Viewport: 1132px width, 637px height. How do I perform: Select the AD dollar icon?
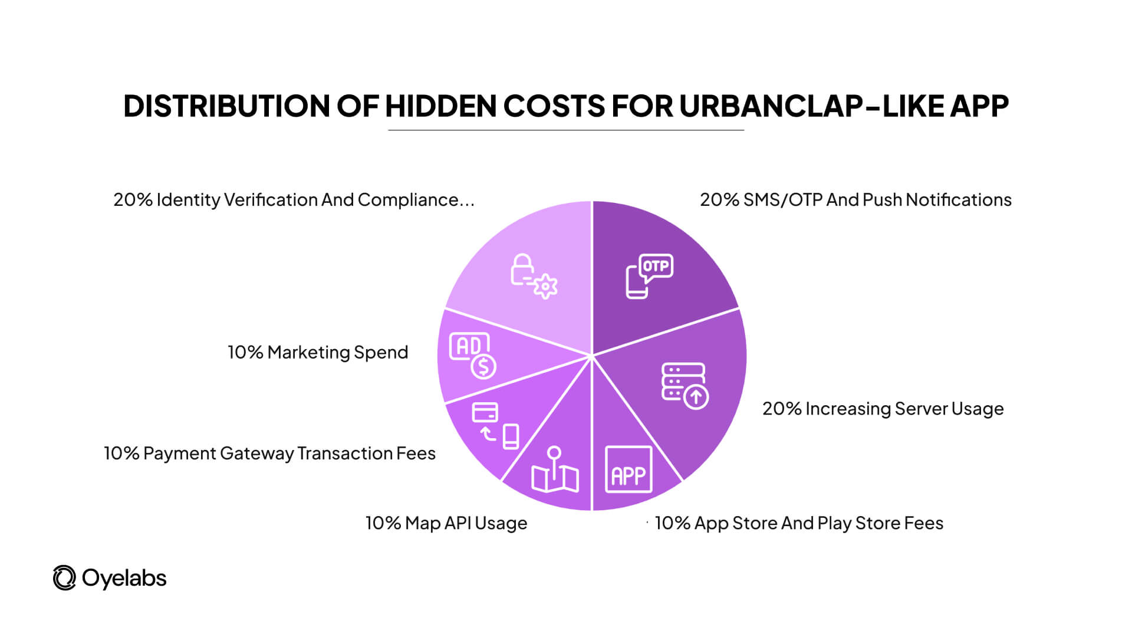pos(473,356)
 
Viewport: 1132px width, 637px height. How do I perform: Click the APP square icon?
pos(628,469)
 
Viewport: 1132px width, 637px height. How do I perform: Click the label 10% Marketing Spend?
pos(318,352)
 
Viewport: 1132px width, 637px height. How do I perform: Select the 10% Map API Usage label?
pos(446,523)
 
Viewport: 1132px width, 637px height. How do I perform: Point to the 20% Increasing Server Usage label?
pos(883,409)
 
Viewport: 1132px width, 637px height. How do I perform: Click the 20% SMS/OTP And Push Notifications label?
pos(855,200)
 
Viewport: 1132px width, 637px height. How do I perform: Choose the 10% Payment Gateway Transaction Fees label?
pos(269,453)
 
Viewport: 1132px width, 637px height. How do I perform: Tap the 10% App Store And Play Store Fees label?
pos(799,523)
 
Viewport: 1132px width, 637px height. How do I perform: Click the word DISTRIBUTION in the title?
pos(226,106)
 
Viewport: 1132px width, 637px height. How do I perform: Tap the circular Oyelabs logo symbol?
pos(64,578)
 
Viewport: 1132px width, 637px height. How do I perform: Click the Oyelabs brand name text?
pos(124,578)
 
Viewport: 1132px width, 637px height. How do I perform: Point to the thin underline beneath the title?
pos(566,130)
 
